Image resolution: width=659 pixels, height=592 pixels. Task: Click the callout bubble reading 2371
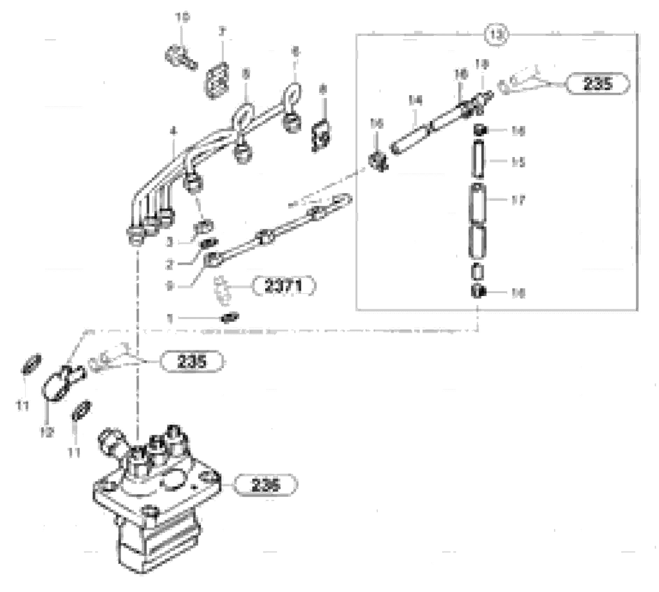pos(284,287)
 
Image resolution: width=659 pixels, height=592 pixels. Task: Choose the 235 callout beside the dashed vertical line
pos(191,361)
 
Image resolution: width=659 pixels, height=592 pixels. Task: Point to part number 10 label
pos(182,17)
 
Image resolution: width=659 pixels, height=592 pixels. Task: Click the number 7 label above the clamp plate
pos(222,32)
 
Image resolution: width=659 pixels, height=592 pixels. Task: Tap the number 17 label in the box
pos(518,200)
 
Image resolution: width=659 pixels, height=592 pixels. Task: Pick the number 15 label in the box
pos(518,162)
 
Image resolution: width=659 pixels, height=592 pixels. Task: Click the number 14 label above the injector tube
pos(416,100)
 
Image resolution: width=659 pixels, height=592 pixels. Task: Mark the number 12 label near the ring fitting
pos(47,432)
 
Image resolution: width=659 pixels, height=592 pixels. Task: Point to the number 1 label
pos(170,319)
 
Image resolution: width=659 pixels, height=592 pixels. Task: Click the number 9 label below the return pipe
pos(170,287)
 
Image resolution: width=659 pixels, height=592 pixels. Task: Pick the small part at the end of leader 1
pos(230,318)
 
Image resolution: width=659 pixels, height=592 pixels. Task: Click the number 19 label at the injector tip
pos(482,64)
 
